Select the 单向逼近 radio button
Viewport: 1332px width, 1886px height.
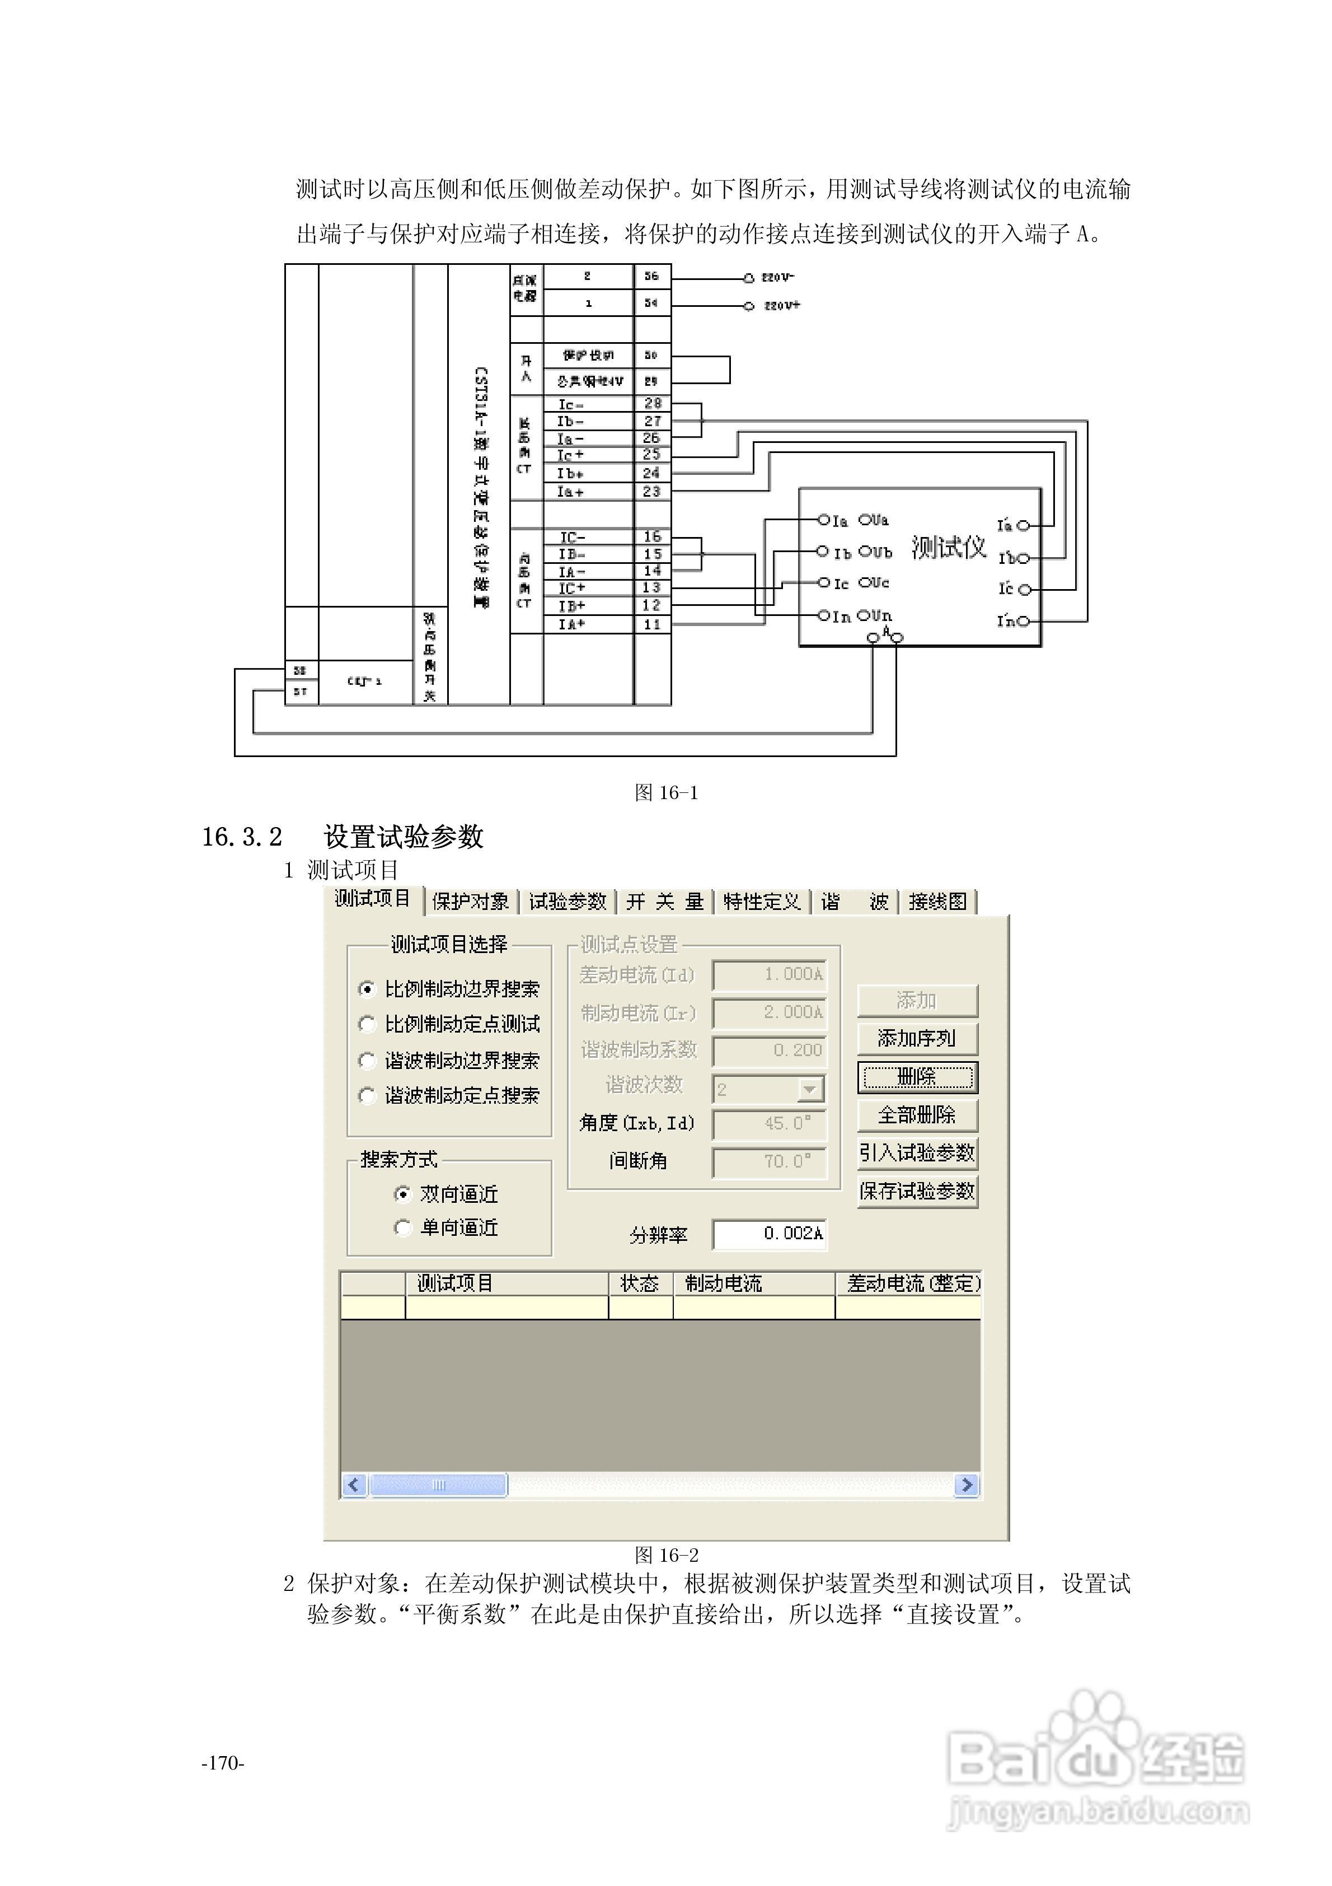point(402,1228)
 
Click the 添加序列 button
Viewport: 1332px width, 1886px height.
point(917,1038)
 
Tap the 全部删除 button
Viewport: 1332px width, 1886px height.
point(917,1115)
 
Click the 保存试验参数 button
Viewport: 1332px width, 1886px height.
point(917,1191)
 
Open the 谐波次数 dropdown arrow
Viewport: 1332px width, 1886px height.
point(810,1089)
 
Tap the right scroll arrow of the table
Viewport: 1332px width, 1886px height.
point(967,1484)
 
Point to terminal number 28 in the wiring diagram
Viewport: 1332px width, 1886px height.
point(652,403)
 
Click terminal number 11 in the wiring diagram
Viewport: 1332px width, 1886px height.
point(652,624)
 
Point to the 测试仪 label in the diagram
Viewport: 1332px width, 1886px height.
point(949,547)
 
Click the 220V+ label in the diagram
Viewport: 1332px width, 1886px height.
point(782,306)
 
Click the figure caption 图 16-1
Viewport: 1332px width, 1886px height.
point(666,793)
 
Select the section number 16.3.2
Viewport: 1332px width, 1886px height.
point(242,837)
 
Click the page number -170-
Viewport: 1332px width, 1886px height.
point(223,1763)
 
